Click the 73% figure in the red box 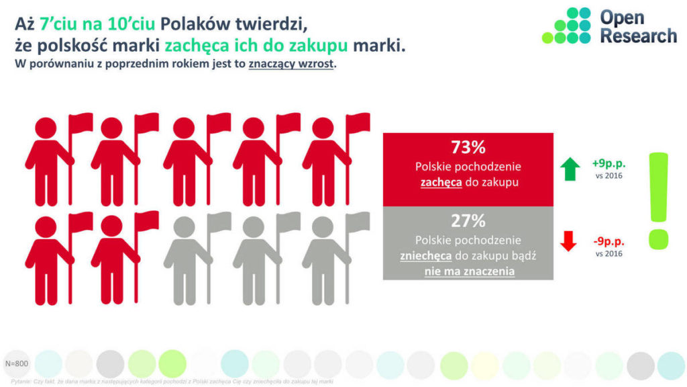tap(468, 148)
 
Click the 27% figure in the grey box tap(468, 221)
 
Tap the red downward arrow tap(568, 240)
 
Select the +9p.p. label tap(609, 163)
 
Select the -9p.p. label tap(609, 240)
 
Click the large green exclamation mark tap(659, 200)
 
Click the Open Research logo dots tap(568, 26)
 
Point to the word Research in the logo tap(638, 36)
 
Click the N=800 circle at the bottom tap(16, 363)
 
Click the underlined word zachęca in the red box tap(440, 182)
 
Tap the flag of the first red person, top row tap(81, 122)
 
